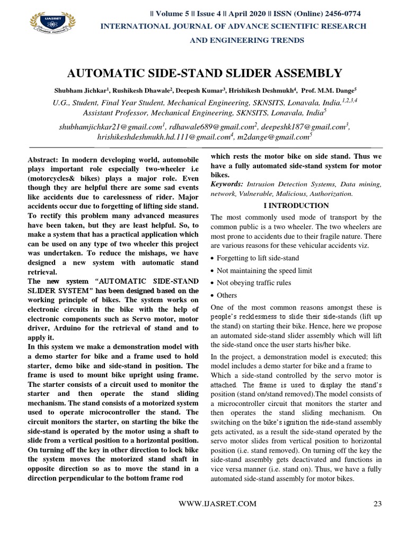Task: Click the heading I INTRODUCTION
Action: click(x=296, y=205)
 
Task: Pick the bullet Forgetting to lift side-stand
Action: click(x=258, y=258)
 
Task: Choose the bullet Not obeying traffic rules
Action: click(x=254, y=283)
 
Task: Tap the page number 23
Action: click(x=377, y=504)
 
